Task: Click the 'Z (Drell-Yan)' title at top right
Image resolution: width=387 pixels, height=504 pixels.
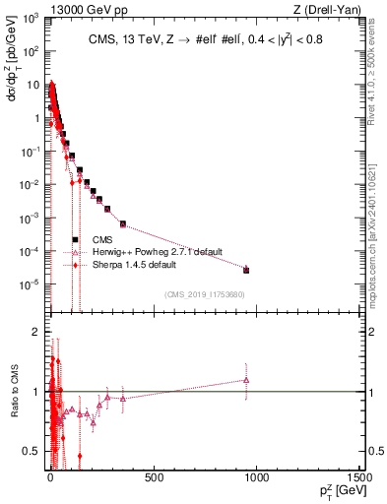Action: click(x=328, y=8)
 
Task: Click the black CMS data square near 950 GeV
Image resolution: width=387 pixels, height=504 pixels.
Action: click(x=246, y=270)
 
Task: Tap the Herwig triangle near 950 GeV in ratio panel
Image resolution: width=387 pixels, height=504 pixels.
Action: click(x=246, y=380)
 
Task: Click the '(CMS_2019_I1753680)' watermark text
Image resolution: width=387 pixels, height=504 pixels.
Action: click(x=204, y=293)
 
